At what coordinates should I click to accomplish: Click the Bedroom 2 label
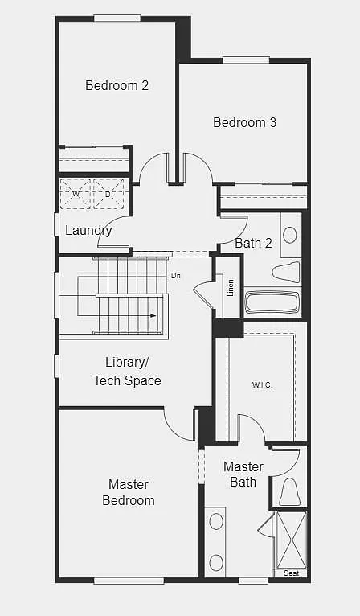pos(117,85)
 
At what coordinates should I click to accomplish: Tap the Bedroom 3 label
pos(244,122)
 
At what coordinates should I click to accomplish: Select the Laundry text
pos(88,231)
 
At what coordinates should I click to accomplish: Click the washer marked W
pos(76,195)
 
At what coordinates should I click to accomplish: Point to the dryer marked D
pos(108,195)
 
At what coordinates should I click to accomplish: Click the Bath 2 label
pos(253,242)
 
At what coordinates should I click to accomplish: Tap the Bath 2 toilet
pos(286,272)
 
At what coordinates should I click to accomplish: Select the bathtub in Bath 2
pos(272,302)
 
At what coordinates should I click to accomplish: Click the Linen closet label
pos(231,287)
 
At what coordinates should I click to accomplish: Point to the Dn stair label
pos(176,276)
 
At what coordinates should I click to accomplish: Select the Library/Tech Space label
pos(127,371)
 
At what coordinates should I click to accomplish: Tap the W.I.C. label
pos(262,384)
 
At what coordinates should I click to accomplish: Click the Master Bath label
pos(243,474)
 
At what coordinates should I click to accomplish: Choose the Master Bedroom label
pos(129,492)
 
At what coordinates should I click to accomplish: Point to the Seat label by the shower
pos(292,573)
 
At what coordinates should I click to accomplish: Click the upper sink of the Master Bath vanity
pos(216,521)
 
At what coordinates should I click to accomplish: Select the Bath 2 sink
pos(289,235)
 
